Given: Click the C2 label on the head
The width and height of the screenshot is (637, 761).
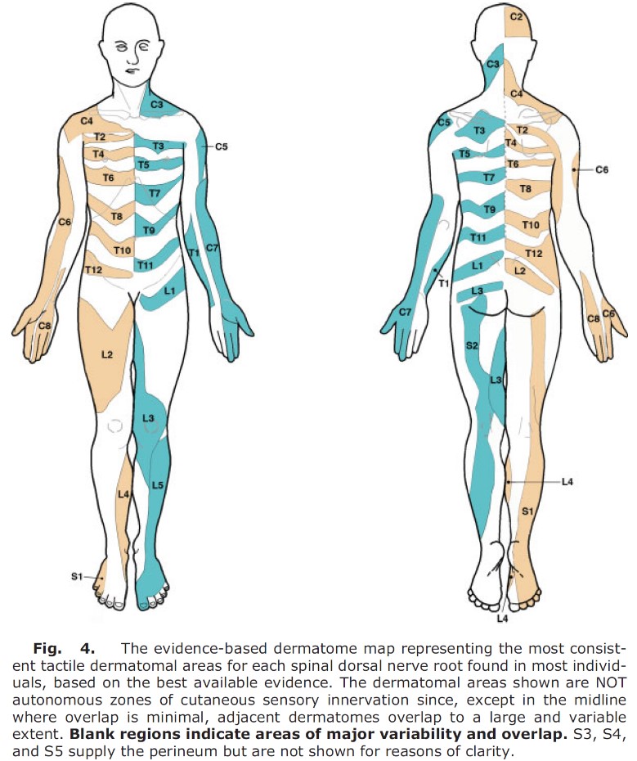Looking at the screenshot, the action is (x=517, y=17).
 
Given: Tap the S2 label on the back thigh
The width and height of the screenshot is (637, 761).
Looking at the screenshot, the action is (x=472, y=345).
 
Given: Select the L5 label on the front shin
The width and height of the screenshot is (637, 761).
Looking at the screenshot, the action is (x=158, y=484).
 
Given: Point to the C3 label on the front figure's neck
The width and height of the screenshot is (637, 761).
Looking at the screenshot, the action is (x=157, y=105).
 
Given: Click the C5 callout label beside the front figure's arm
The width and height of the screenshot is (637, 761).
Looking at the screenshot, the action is (x=222, y=146).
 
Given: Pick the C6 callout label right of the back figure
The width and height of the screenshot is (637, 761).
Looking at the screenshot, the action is (x=602, y=169).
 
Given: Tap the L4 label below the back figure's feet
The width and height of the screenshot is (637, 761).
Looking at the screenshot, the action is (x=503, y=619).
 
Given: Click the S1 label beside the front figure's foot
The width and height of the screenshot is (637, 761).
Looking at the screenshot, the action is (x=77, y=577).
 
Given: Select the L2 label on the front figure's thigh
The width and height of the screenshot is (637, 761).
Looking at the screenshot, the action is (x=107, y=355).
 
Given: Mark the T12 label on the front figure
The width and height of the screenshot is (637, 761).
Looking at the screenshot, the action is (x=93, y=269).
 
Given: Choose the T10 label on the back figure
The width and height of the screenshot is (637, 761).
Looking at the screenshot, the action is (x=530, y=225).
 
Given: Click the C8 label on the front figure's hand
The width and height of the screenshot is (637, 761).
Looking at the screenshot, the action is (x=44, y=326).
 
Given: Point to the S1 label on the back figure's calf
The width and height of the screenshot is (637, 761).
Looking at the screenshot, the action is (x=527, y=511).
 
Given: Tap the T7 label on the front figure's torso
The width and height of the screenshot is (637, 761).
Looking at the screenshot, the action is (x=155, y=194).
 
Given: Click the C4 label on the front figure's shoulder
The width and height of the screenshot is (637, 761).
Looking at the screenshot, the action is (x=87, y=121).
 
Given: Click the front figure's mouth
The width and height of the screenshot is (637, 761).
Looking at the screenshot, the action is (x=129, y=70).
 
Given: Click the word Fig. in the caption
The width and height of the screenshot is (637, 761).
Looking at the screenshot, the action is (x=47, y=648).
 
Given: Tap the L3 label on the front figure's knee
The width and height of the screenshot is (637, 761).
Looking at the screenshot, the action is (x=148, y=418).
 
